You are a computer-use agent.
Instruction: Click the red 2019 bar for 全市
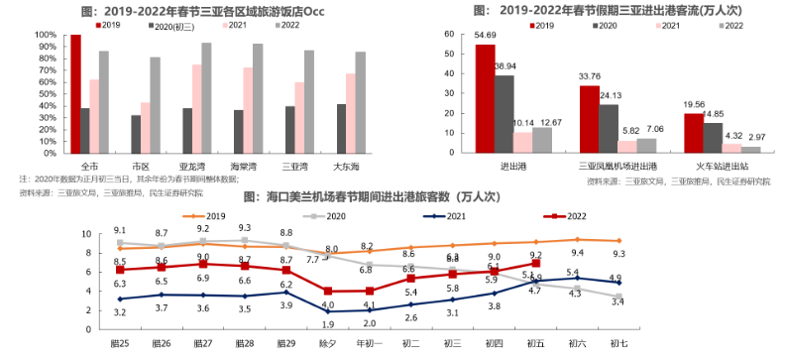pyautogui.click(x=75, y=94)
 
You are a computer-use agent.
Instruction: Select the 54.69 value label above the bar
pyautogui.click(x=486, y=37)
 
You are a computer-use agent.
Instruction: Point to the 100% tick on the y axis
pyautogui.click(x=45, y=35)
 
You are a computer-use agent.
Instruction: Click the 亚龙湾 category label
pyautogui.click(x=192, y=167)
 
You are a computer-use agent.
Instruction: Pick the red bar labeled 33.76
pyautogui.click(x=590, y=118)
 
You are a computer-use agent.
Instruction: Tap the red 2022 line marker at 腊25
pyautogui.click(x=120, y=270)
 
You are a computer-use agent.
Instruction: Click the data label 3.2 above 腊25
pyautogui.click(x=120, y=312)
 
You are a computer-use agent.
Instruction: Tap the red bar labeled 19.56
pyautogui.click(x=693, y=132)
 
